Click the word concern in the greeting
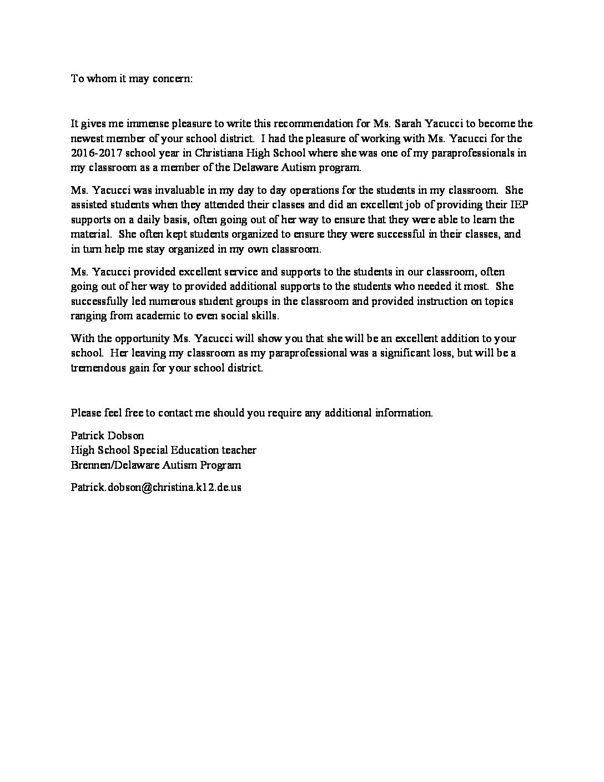[x=173, y=78]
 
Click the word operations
[x=275, y=191]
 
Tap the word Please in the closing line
[x=85, y=413]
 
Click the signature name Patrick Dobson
[x=107, y=436]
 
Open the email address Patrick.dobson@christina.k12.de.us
[x=156, y=488]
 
